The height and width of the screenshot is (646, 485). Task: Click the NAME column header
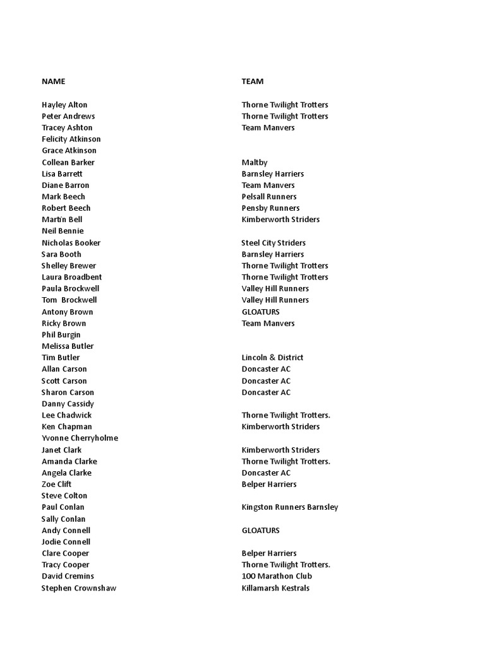point(54,81)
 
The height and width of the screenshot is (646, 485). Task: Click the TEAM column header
point(253,81)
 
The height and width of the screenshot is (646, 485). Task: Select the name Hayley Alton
point(64,105)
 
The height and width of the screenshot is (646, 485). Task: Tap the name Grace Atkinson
point(69,151)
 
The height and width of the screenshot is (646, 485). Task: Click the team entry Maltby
point(254,162)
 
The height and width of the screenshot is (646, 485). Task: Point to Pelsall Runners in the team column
point(269,197)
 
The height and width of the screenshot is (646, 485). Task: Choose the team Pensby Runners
point(270,208)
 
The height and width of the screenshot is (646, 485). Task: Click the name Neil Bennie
point(63,231)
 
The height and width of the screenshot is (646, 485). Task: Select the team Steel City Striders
point(273,243)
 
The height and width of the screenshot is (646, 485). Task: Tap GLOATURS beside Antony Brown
point(260,312)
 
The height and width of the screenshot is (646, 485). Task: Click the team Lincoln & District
point(272,358)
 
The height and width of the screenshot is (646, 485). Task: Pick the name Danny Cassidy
point(68,404)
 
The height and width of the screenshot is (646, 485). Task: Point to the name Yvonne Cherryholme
point(80,438)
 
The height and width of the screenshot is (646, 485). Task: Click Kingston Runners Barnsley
point(290,507)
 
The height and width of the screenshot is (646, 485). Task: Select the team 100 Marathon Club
point(277,576)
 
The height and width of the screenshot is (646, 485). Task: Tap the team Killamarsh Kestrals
point(275,588)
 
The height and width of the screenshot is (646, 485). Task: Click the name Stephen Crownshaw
point(79,588)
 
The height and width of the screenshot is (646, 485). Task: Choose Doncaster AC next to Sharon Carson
point(266,392)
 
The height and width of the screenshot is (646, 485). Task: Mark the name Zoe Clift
point(57,484)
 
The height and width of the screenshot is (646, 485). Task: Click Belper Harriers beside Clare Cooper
point(269,553)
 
